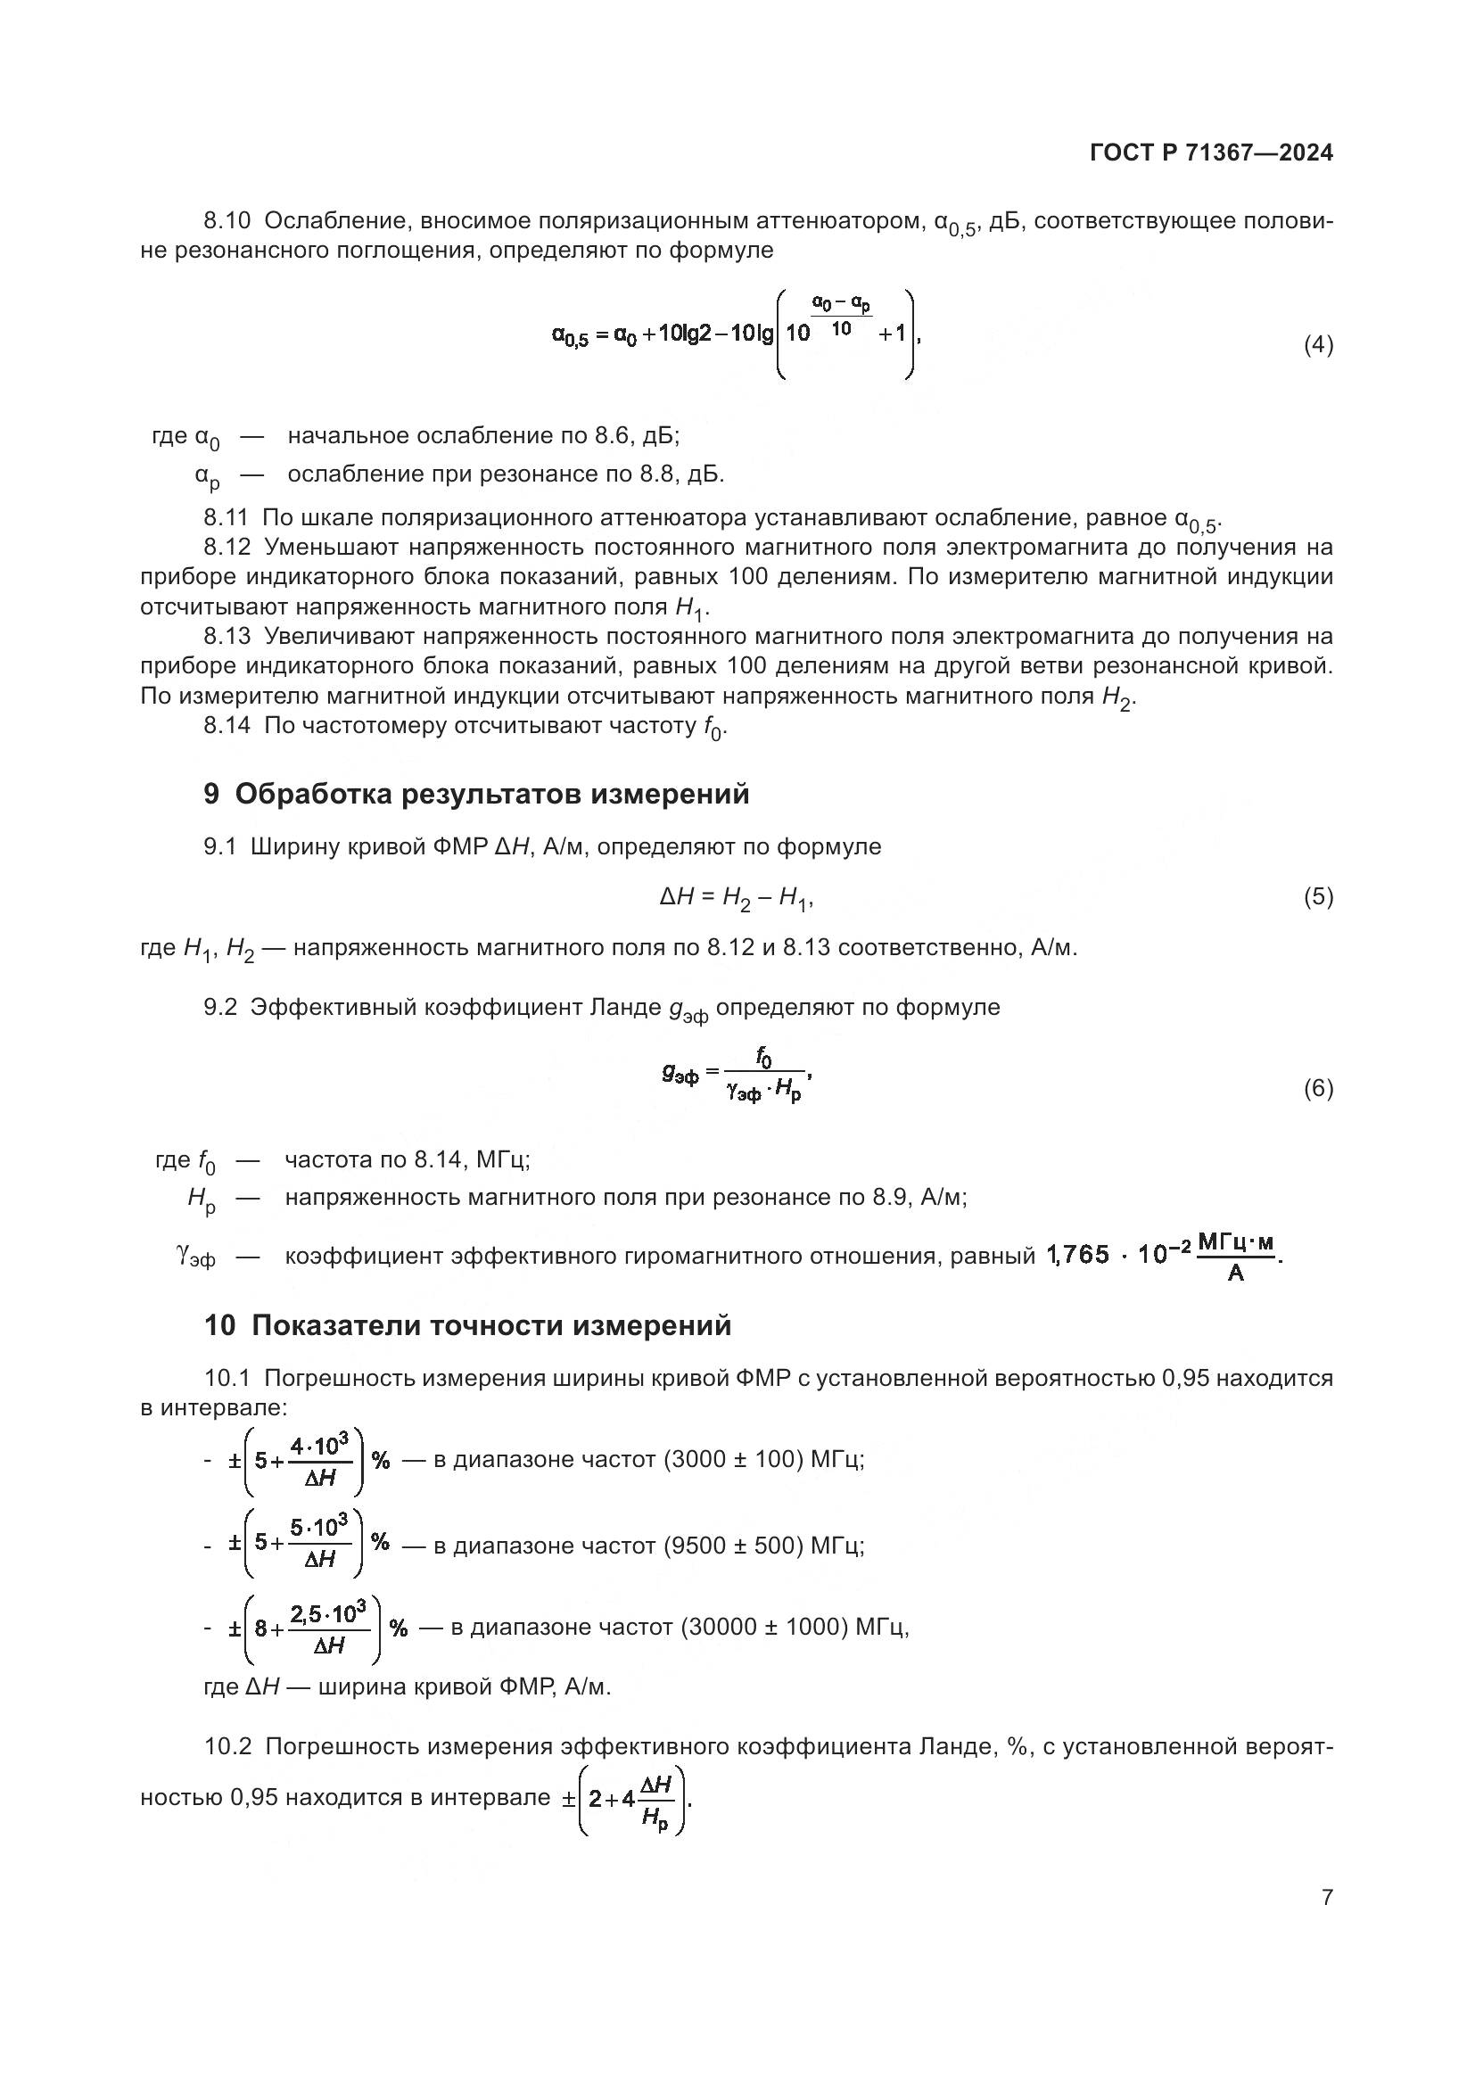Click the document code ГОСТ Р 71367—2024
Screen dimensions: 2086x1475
(x=1211, y=153)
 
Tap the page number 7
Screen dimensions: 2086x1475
(x=1327, y=1897)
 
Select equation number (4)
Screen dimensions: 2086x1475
(x=1318, y=345)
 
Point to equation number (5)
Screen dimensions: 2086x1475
(x=1318, y=898)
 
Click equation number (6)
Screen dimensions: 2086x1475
(x=1318, y=1088)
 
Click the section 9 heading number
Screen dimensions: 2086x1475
(x=211, y=794)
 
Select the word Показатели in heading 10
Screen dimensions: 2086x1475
(x=332, y=1325)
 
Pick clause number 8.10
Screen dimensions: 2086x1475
(x=227, y=221)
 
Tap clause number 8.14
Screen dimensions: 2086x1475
(x=227, y=726)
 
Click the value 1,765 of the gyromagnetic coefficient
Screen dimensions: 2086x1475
(x=1078, y=1255)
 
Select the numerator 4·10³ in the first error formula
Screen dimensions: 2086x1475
(x=318, y=1446)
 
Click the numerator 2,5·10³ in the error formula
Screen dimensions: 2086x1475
(x=328, y=1614)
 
